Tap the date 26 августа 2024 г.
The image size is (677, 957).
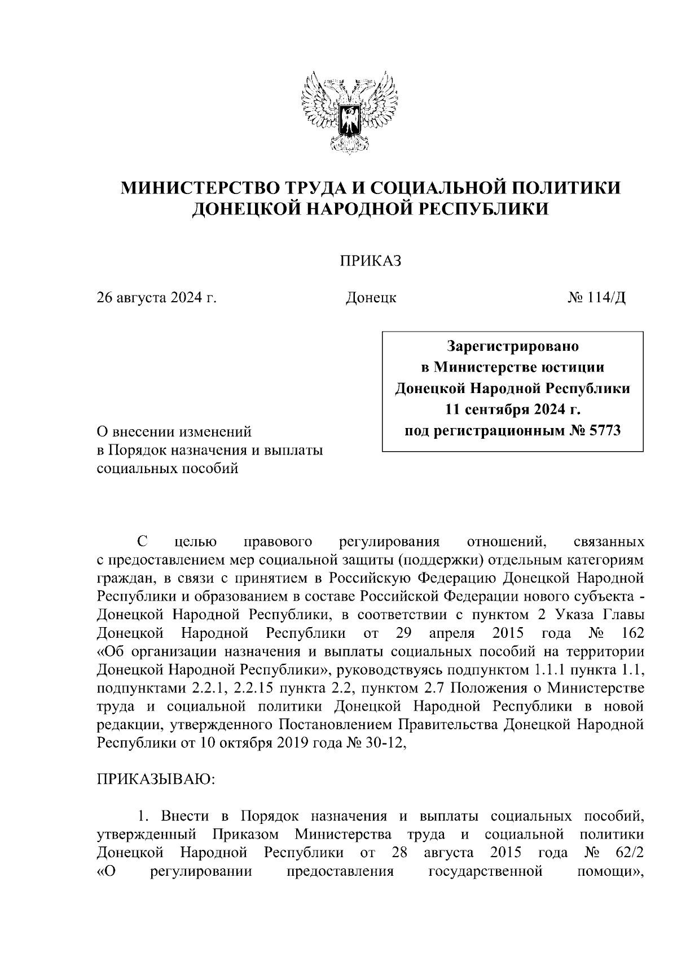pos(156,297)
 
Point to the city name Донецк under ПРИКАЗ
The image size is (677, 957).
pos(370,297)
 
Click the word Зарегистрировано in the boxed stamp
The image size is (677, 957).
pos(512,345)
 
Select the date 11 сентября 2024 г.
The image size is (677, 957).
pos(512,409)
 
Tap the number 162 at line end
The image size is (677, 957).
pos(630,633)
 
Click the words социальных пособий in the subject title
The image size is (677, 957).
pos(168,468)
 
